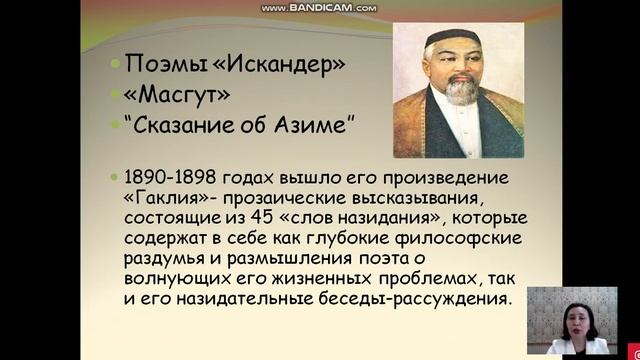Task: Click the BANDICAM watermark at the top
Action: (320, 8)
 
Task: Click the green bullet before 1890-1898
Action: (116, 176)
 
